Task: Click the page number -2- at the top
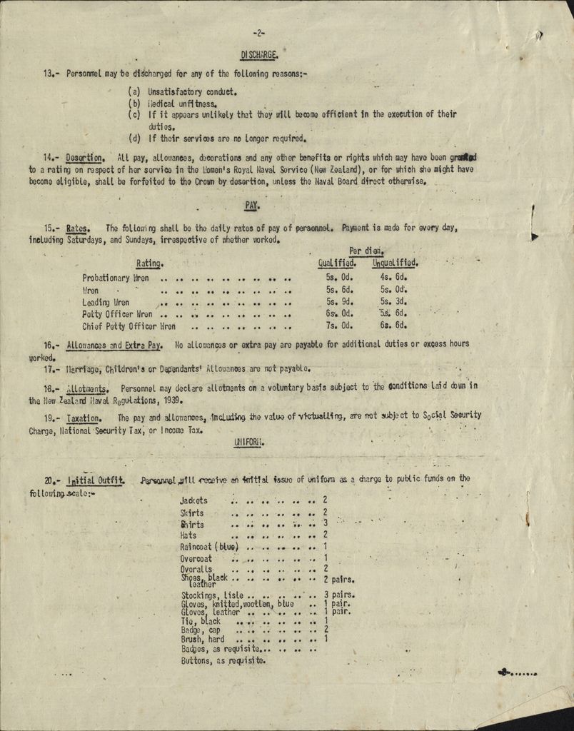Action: pos(258,33)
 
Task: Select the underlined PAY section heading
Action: pos(251,206)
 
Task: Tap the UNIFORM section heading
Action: pos(249,443)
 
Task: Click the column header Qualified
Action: pos(337,263)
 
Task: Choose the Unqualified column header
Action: pos(395,263)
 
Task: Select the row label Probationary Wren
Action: pos(116,278)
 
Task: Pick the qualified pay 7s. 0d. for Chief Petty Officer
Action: pos(340,326)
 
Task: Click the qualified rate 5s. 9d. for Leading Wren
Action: pos(340,302)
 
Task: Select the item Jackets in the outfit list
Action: pos(194,500)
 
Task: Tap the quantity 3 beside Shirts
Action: pos(326,524)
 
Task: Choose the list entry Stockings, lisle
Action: pos(213,595)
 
